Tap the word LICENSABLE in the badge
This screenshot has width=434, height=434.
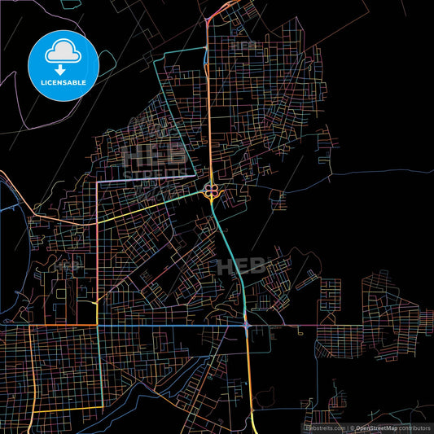[64, 82]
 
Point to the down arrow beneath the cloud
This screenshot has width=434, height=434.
[64, 60]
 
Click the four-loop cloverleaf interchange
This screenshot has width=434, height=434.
[210, 191]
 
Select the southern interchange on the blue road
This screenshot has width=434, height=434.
[247, 326]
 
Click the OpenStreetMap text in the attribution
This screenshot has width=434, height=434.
[376, 427]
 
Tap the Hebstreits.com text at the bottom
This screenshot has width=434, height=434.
[325, 427]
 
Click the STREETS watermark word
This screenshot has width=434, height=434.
[147, 172]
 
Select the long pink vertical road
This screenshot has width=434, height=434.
[97, 244]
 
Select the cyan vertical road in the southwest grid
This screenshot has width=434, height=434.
[99, 366]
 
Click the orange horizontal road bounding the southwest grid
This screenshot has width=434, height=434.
[49, 326]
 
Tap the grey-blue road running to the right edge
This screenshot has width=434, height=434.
[383, 173]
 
